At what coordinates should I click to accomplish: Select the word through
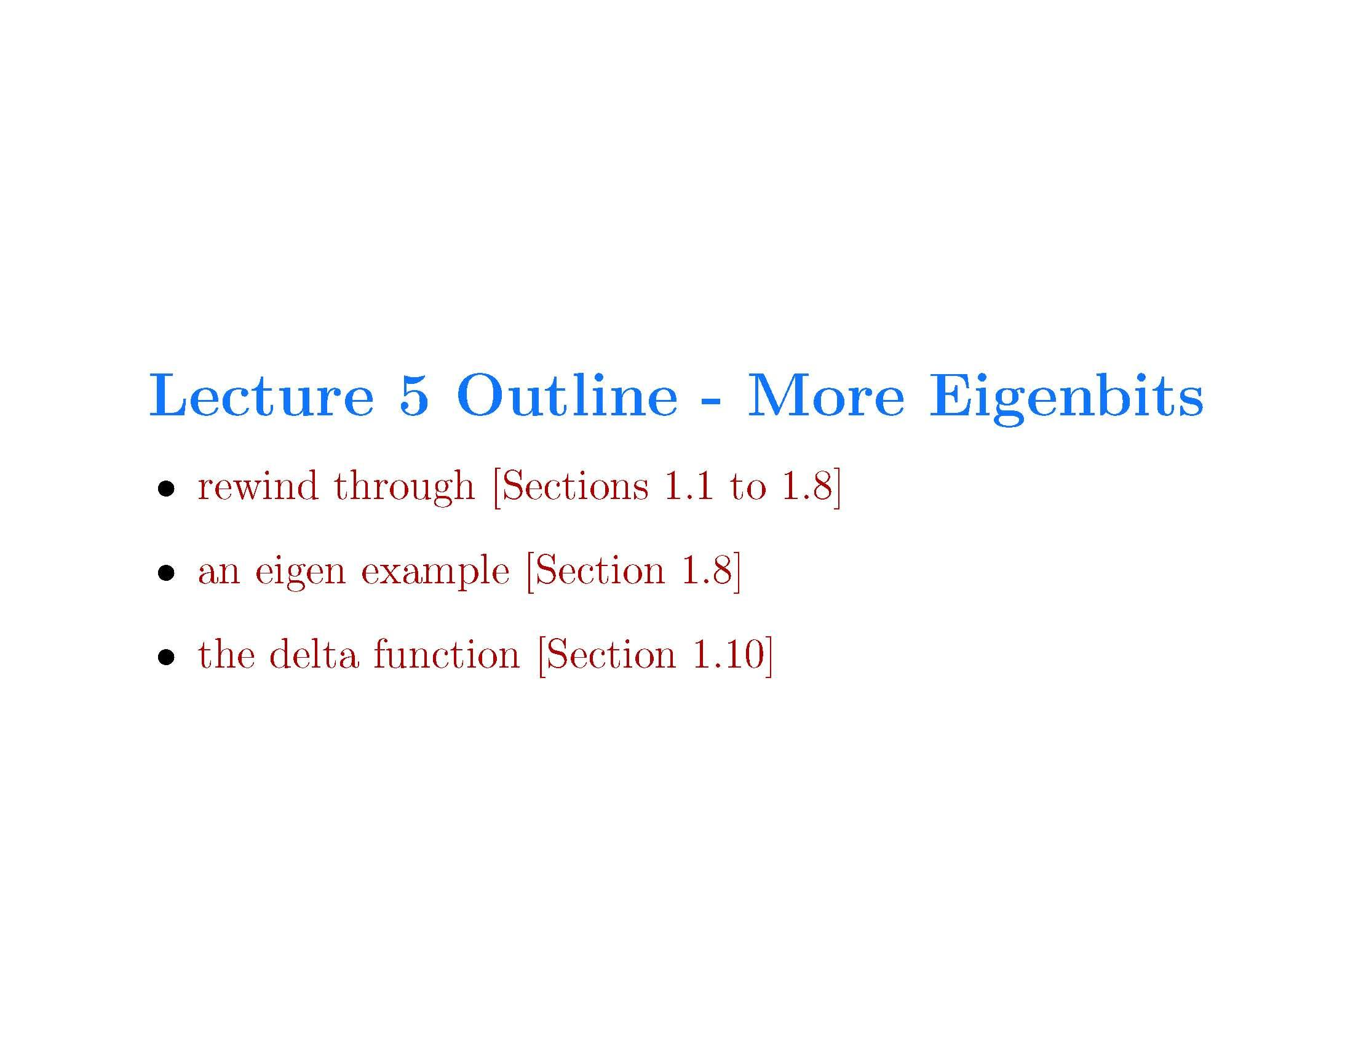[x=405, y=487]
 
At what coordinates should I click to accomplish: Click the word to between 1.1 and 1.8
[x=747, y=487]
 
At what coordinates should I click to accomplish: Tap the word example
[x=435, y=572]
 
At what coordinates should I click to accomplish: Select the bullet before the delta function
[x=165, y=658]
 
